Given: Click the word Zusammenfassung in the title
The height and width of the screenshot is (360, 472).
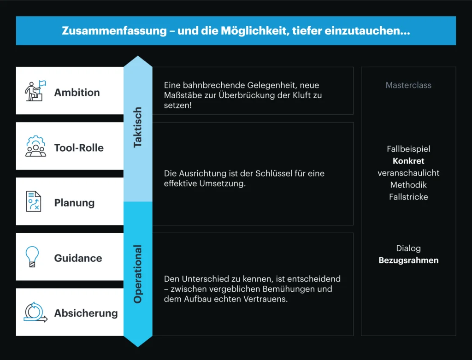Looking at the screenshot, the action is (114, 31).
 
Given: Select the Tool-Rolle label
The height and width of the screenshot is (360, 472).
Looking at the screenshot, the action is (79, 148).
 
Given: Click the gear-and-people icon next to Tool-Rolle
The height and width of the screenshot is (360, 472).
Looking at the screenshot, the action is (35, 146).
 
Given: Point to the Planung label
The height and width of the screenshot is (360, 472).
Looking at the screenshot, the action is (74, 203).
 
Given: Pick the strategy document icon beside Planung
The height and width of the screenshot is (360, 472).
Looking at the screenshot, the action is (33, 201).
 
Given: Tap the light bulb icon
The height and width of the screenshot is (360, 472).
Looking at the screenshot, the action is (32, 257).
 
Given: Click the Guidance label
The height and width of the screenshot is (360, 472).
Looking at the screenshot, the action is (78, 258).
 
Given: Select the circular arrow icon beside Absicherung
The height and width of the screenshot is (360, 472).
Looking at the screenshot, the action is (35, 312).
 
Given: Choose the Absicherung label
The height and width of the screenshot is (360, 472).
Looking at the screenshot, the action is (86, 313).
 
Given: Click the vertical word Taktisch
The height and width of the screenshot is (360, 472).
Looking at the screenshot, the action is (137, 127).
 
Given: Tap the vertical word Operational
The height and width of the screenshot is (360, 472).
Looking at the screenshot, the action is (137, 274).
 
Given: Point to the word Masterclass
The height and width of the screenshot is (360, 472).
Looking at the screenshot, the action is (408, 85).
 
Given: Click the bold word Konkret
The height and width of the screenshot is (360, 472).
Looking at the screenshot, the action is (408, 161).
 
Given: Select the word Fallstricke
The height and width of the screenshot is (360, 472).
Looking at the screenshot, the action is (408, 197).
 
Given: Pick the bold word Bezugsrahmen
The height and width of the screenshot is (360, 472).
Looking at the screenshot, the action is (408, 260).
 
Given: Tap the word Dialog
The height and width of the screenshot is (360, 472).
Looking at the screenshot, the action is (408, 248).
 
